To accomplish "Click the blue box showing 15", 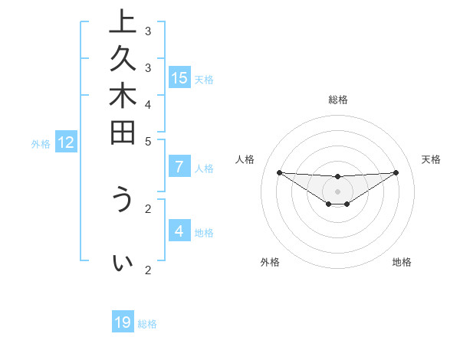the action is pyautogui.click(x=179, y=77).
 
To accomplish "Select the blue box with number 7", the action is pyautogui.click(x=179, y=167).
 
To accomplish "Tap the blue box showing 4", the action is pyautogui.click(x=179, y=231).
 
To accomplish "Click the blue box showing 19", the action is pyautogui.click(x=123, y=322).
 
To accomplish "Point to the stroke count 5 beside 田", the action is pyautogui.click(x=148, y=140).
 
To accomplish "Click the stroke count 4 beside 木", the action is pyautogui.click(x=148, y=103).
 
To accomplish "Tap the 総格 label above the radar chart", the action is pyautogui.click(x=338, y=100).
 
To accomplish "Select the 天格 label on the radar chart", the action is pyautogui.click(x=431, y=159).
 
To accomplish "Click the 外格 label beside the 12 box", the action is pyautogui.click(x=41, y=143).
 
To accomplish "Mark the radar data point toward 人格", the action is pyautogui.click(x=279, y=172).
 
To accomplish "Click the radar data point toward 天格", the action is pyautogui.click(x=396, y=172).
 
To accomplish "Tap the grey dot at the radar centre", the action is pyautogui.click(x=337, y=191).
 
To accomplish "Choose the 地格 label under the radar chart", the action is pyautogui.click(x=402, y=262).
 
